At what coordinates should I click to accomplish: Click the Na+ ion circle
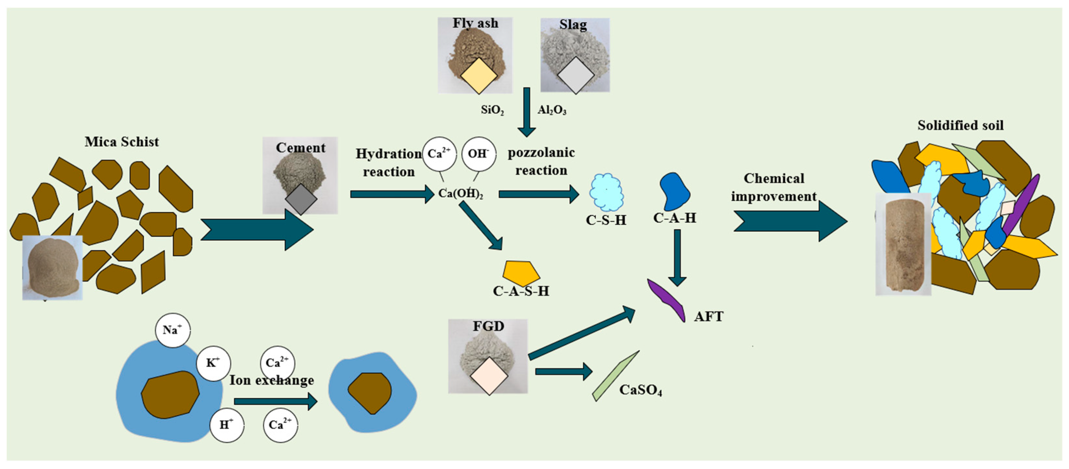[x=172, y=330]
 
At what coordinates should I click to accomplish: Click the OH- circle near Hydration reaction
[x=478, y=154]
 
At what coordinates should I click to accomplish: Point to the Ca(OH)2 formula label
[x=461, y=193]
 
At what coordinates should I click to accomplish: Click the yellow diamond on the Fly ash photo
[x=478, y=76]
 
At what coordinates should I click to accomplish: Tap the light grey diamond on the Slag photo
[x=576, y=75]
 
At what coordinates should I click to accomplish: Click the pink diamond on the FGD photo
[x=489, y=376]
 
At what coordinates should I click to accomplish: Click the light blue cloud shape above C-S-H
[x=607, y=193]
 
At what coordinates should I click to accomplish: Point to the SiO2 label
[x=492, y=110]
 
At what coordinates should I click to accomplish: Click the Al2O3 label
[x=552, y=110]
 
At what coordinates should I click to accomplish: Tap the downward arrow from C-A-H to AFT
[x=677, y=257]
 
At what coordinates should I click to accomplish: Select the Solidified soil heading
[x=960, y=125]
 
